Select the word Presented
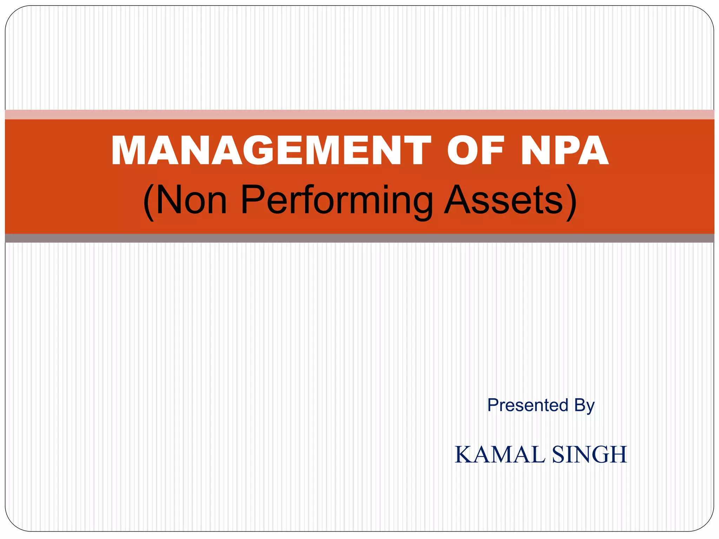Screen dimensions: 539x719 click(528, 405)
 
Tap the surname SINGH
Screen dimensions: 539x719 click(590, 455)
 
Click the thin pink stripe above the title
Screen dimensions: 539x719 click(359, 114)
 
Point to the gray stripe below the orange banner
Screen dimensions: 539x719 click(359, 238)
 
